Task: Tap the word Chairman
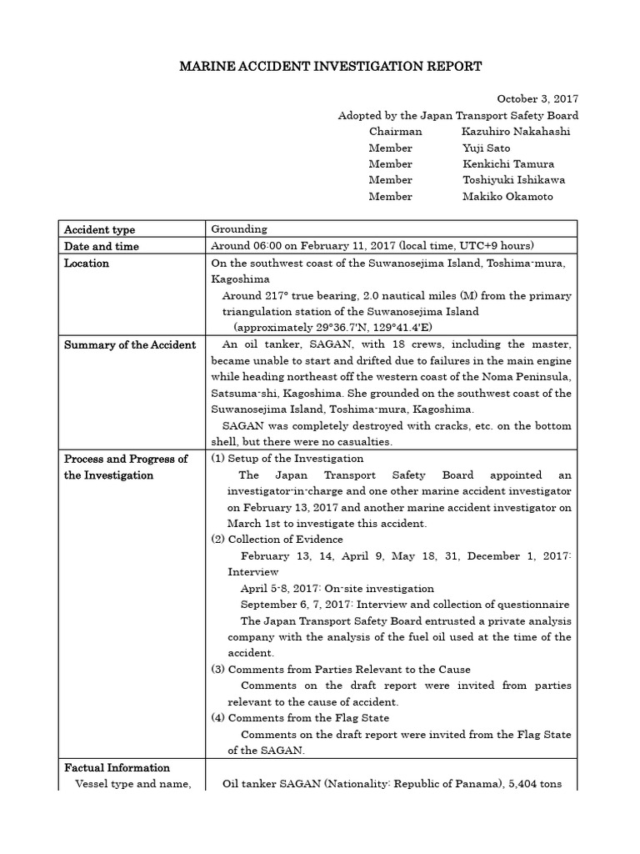coord(395,132)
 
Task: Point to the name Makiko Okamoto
coord(507,197)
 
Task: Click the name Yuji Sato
coord(484,148)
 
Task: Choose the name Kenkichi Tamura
coord(507,164)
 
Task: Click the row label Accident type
coord(99,229)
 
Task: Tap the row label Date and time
coord(102,246)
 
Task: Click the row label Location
coord(87,263)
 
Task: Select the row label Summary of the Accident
coord(130,344)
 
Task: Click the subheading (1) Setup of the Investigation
coord(287,459)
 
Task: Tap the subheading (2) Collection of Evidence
coord(277,540)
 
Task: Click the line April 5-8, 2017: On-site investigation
coord(337,589)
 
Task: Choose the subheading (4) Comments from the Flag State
coord(300,718)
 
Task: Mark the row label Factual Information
coord(117,767)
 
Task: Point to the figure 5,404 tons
coord(543,784)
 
